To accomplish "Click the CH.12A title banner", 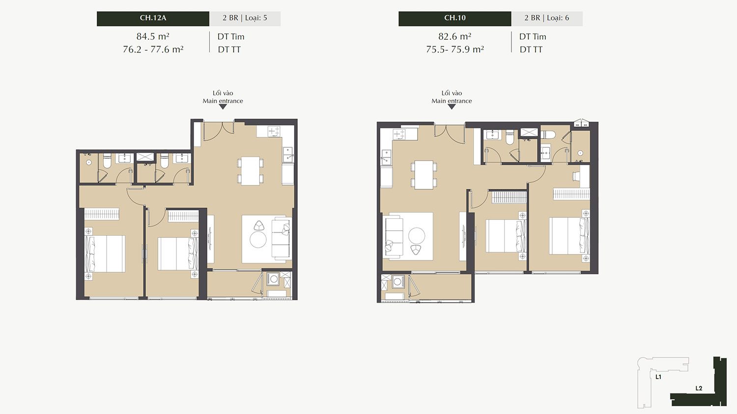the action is pyautogui.click(x=153, y=19).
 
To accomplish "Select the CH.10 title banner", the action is pyautogui.click(x=455, y=19).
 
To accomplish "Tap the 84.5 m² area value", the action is pyautogui.click(x=153, y=36).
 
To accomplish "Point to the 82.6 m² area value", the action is pyautogui.click(x=454, y=36).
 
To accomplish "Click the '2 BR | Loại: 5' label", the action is pyautogui.click(x=245, y=18).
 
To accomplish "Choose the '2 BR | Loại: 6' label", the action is pyautogui.click(x=547, y=18).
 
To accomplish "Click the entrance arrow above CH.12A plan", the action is pyautogui.click(x=223, y=107).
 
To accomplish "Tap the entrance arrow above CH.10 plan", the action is pyautogui.click(x=452, y=107).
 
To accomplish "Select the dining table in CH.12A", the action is pyautogui.click(x=250, y=171).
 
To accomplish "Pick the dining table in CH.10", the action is pyautogui.click(x=424, y=175).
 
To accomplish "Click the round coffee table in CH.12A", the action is pyautogui.click(x=258, y=240).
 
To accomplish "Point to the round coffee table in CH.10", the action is pyautogui.click(x=417, y=236).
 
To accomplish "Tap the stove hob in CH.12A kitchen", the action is pyautogui.click(x=274, y=131).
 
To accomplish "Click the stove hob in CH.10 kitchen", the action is pyautogui.click(x=399, y=134).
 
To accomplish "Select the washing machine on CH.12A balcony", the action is pyautogui.click(x=273, y=279).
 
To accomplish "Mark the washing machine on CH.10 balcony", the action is pyautogui.click(x=398, y=282).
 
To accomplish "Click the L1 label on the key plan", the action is pyautogui.click(x=658, y=377).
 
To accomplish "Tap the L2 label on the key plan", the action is pyautogui.click(x=699, y=388).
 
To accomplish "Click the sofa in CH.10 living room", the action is pyautogui.click(x=394, y=236).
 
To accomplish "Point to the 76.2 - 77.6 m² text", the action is pyautogui.click(x=153, y=49).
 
